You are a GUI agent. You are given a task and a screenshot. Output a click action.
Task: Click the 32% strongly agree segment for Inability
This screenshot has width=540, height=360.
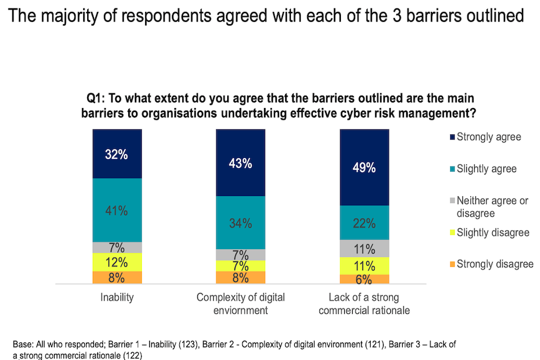click(118, 154)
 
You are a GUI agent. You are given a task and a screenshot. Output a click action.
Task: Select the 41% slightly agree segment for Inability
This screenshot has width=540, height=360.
click(118, 210)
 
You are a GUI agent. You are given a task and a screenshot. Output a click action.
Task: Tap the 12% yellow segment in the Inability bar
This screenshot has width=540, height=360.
click(118, 262)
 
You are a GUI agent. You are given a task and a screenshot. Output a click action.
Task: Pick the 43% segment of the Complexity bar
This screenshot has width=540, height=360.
click(241, 163)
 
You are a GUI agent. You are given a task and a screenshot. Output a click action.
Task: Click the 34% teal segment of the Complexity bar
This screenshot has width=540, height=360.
click(241, 223)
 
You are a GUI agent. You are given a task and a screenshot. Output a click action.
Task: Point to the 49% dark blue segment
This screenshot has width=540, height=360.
click(364, 168)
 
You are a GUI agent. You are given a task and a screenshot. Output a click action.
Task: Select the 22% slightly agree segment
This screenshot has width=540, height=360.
click(364, 223)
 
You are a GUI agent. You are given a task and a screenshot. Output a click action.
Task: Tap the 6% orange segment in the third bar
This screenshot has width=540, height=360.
click(364, 279)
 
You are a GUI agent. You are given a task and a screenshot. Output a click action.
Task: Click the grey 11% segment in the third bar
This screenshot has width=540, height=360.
click(364, 248)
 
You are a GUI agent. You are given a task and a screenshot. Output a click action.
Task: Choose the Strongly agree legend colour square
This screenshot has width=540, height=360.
click(451, 137)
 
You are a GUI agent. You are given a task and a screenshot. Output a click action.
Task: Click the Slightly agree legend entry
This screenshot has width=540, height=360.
click(484, 169)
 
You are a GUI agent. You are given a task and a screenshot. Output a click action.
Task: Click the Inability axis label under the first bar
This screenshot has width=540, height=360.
click(118, 298)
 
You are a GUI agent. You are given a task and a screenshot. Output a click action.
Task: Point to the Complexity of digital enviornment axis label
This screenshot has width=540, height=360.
click(241, 303)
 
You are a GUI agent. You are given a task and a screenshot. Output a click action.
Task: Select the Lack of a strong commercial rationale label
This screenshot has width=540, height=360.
click(364, 303)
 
